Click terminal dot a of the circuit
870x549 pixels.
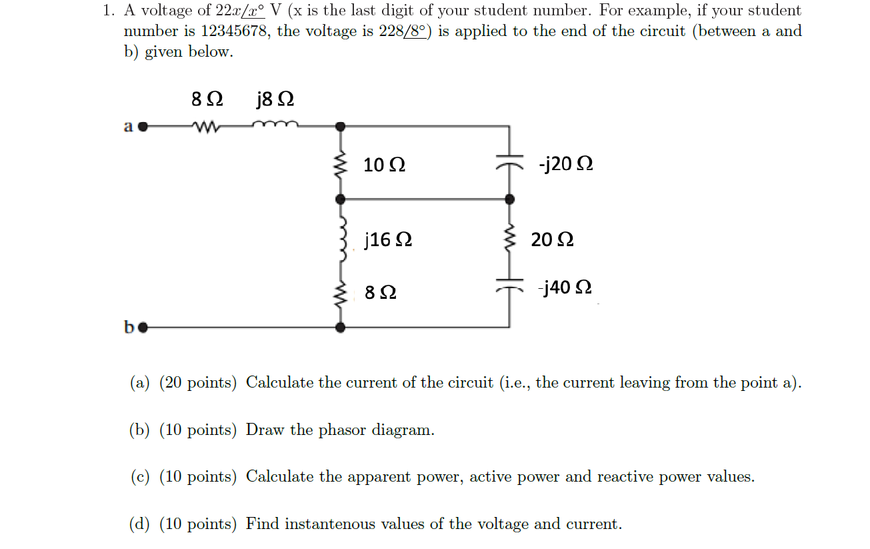[x=142, y=125]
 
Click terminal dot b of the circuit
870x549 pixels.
[x=142, y=328]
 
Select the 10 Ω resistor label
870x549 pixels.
[x=385, y=165]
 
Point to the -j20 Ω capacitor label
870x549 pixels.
[x=566, y=164]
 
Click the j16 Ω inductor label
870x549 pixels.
[x=388, y=239]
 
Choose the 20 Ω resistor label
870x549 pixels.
[x=552, y=239]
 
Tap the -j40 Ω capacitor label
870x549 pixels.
[x=566, y=288]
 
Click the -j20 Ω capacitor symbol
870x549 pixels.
[x=510, y=164]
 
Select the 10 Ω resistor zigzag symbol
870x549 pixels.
[x=341, y=165]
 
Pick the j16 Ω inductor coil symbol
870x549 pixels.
[x=342, y=239]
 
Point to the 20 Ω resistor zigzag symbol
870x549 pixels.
[x=510, y=239]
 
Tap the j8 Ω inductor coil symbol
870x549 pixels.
[x=275, y=124]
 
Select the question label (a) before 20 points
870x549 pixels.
[x=139, y=383]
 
